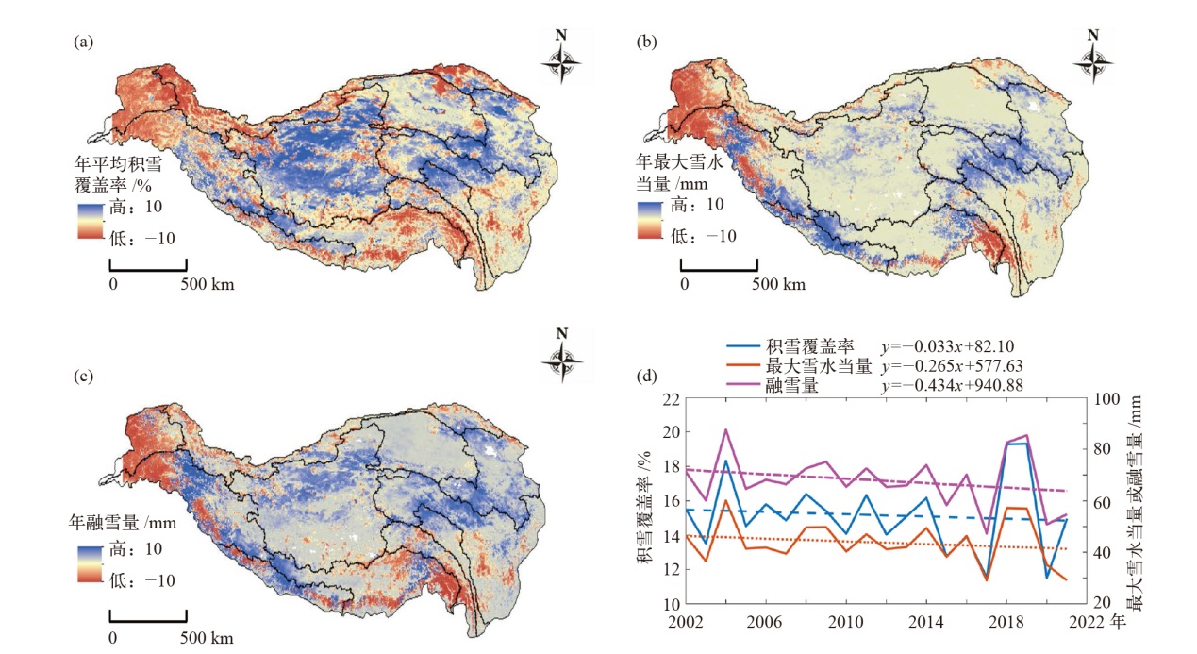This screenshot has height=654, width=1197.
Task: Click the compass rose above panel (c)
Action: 563,357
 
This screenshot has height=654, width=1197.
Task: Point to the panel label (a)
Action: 84,42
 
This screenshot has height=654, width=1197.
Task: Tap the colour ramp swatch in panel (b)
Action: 651,219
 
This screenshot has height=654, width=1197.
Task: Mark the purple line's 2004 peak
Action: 725,430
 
